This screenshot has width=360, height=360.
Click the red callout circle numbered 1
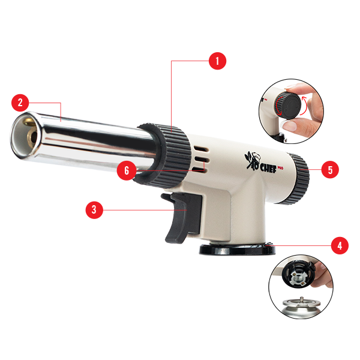click(x=217, y=61)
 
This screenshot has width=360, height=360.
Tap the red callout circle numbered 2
click(x=20, y=103)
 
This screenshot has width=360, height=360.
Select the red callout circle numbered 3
click(x=94, y=210)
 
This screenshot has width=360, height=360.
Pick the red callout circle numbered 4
click(x=340, y=245)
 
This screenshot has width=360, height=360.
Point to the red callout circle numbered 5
click(x=330, y=170)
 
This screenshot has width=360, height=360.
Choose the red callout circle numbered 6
click(x=126, y=170)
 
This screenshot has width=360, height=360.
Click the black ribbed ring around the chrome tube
click(x=164, y=155)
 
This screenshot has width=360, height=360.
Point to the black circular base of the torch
click(x=237, y=248)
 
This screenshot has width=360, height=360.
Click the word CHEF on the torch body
click(x=268, y=168)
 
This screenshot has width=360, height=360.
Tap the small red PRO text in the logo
click(x=280, y=168)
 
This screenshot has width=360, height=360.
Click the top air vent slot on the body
click(x=202, y=149)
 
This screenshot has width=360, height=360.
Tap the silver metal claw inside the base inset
click(x=298, y=277)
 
